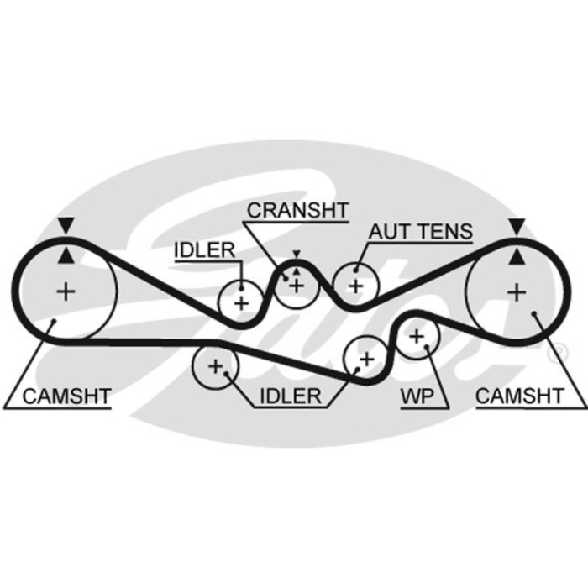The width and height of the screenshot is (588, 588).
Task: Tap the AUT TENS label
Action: (x=421, y=232)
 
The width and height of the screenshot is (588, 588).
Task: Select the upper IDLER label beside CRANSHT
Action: (x=204, y=249)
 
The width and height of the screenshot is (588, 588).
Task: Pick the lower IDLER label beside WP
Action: (x=290, y=396)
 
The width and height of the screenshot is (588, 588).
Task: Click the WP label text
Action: (x=415, y=396)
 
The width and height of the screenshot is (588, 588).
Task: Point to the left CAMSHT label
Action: (x=66, y=396)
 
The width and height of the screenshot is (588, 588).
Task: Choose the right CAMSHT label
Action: (x=520, y=396)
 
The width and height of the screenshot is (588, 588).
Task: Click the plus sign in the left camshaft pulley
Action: (x=65, y=291)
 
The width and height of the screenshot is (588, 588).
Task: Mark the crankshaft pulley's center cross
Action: (x=295, y=285)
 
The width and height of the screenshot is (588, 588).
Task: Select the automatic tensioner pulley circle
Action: (x=355, y=286)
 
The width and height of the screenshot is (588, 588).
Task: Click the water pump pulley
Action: (x=416, y=337)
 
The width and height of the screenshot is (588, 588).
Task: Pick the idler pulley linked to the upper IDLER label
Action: (x=242, y=301)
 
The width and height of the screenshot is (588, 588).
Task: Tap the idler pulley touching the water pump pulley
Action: (x=365, y=357)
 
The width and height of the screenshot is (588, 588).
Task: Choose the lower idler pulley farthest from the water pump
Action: (x=215, y=366)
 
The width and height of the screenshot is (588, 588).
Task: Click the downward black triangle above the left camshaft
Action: (x=65, y=225)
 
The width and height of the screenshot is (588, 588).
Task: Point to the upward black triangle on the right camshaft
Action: (x=517, y=255)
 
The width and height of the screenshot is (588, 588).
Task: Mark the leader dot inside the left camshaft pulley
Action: (x=52, y=321)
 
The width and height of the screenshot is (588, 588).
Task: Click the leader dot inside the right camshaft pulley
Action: (x=534, y=313)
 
